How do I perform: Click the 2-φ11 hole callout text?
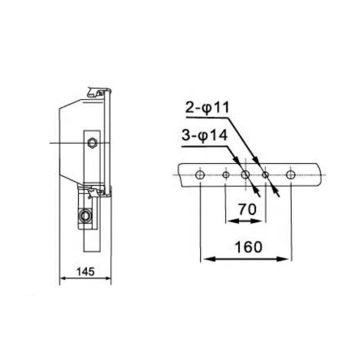[x=208, y=109]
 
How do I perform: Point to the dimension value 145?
[x=84, y=272]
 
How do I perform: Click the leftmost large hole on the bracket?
[x=200, y=175]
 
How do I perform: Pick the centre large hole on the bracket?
[x=245, y=175]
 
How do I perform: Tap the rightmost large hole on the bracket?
[x=290, y=175]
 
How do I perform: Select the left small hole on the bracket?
[x=226, y=175]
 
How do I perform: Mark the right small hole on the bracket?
[x=265, y=175]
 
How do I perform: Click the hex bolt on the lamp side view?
[x=92, y=143]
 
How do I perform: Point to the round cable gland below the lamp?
[x=85, y=215]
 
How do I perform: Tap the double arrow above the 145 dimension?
[x=85, y=279]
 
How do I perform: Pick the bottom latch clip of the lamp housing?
[x=99, y=191]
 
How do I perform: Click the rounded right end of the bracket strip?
[x=321, y=175]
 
